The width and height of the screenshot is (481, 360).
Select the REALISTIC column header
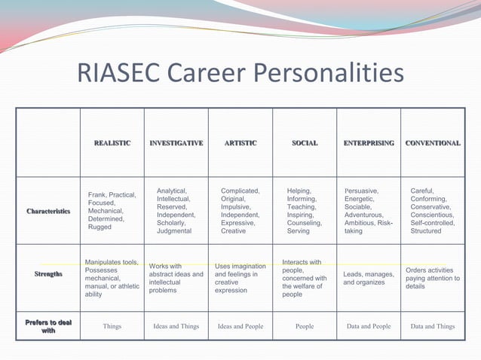[112, 143]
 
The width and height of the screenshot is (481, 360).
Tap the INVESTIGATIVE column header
[176, 143]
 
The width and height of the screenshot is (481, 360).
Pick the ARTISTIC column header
[240, 143]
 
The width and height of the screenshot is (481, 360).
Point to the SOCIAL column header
[304, 143]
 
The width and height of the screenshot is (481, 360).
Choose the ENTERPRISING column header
[368, 143]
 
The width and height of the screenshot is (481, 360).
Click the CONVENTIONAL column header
[432, 143]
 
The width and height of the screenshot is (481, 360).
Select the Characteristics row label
[48, 212]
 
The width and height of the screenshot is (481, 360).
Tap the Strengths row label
[48, 274]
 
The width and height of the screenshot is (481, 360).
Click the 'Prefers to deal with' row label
[48, 326]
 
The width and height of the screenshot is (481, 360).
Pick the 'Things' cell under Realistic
[112, 327]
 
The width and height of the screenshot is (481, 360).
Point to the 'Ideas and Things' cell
[176, 327]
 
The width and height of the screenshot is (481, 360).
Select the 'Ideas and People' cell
[240, 327]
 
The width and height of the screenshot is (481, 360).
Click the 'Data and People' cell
[368, 327]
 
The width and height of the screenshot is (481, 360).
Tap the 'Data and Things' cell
[432, 327]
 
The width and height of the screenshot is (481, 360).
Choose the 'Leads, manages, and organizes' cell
[368, 279]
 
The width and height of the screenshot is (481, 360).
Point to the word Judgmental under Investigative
[174, 231]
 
